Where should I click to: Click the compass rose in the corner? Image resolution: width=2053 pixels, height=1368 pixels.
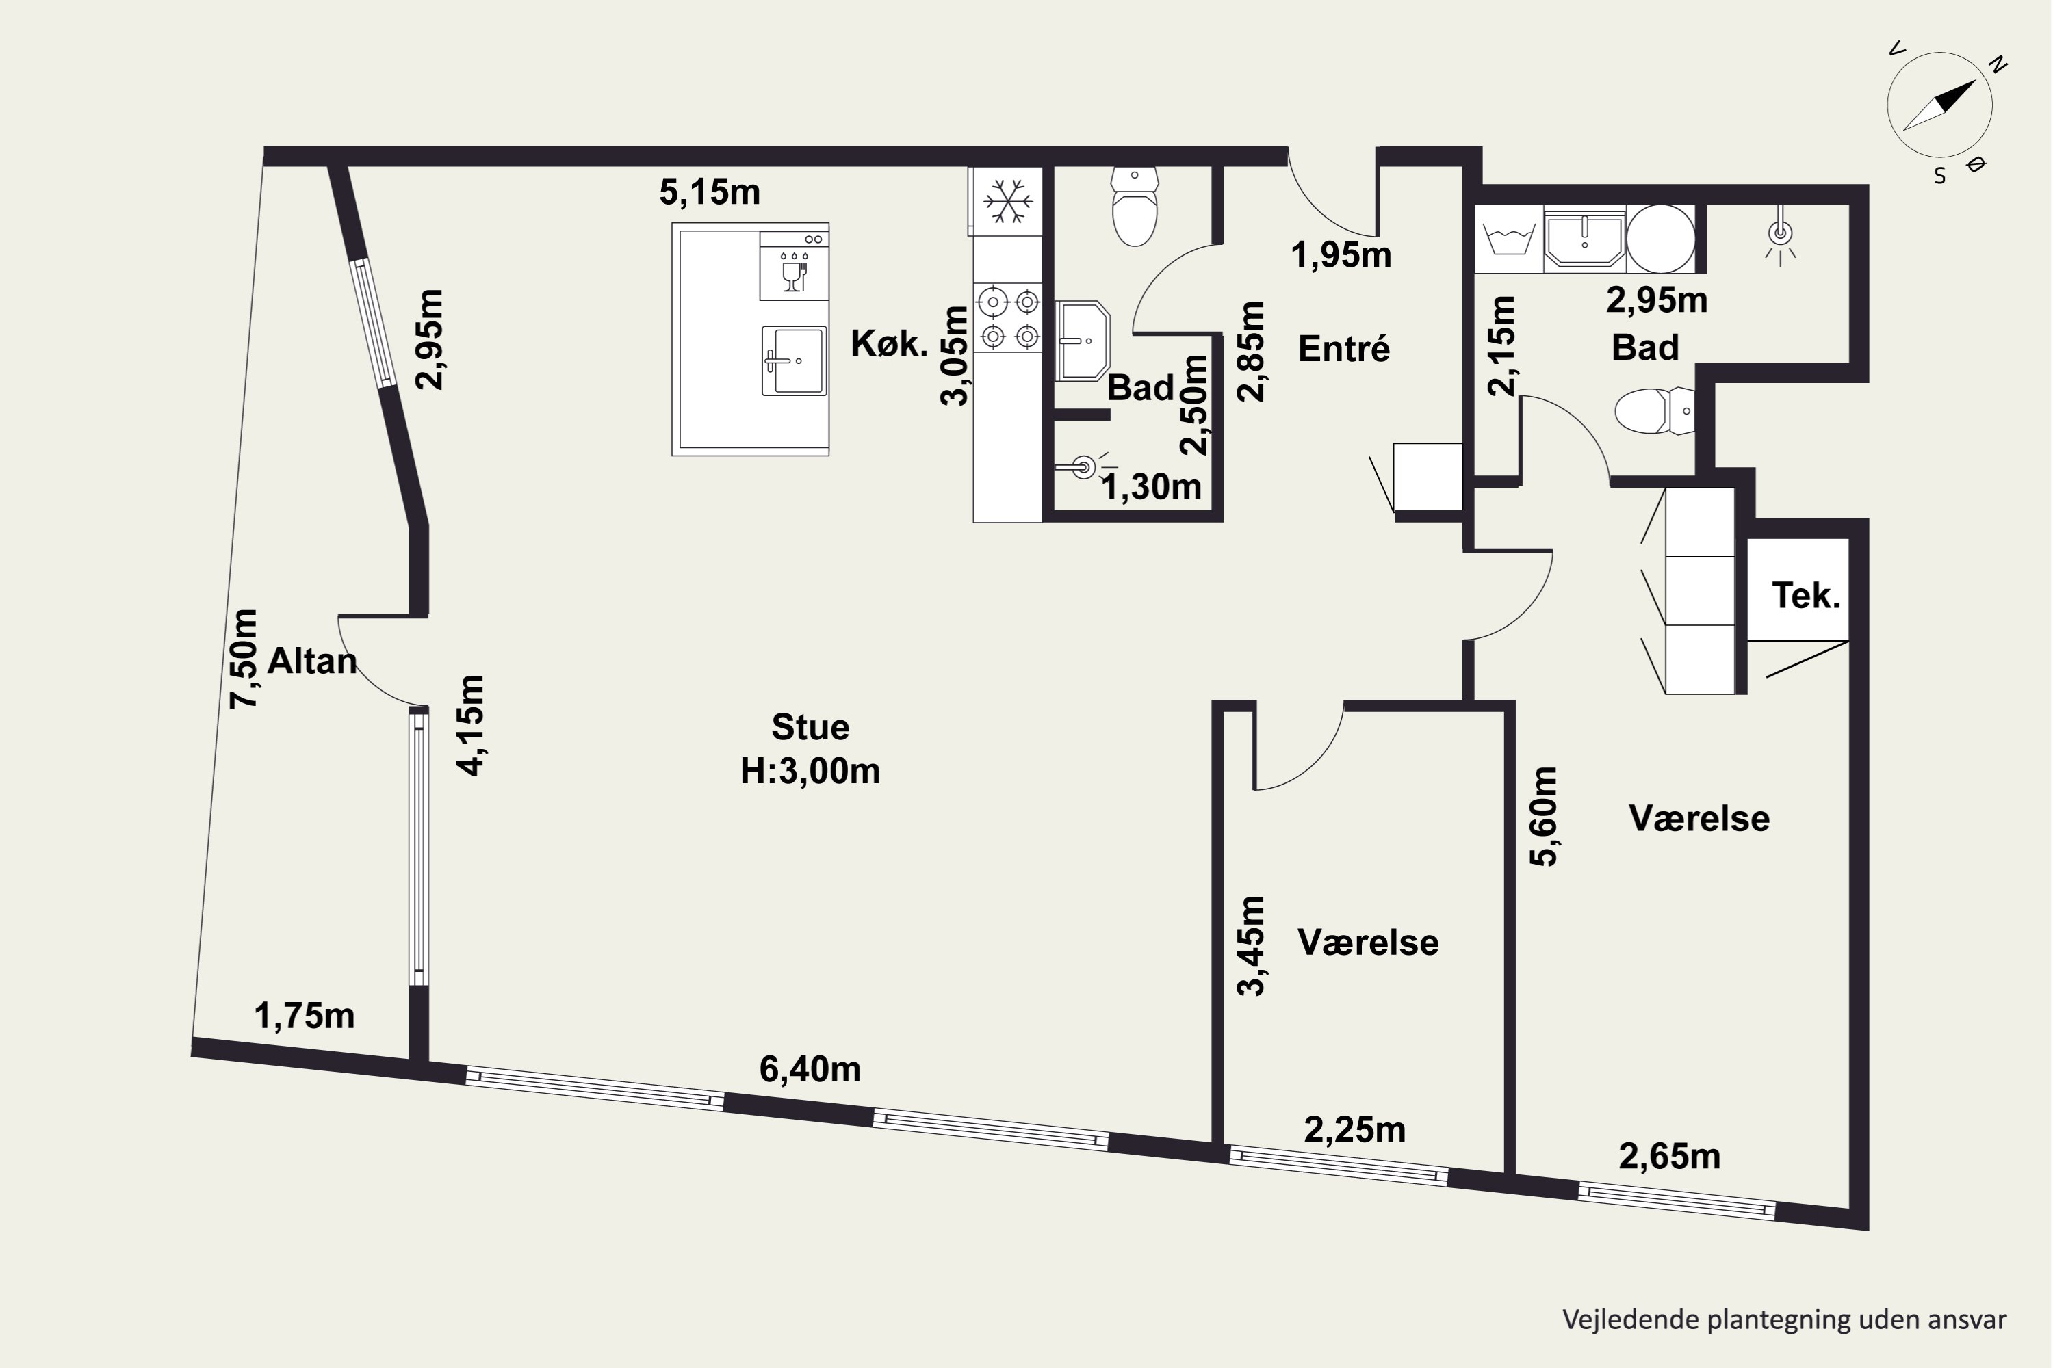(x=1939, y=105)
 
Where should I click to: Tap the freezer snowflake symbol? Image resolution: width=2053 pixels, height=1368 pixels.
(x=1008, y=202)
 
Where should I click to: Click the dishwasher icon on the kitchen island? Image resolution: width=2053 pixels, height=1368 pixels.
(x=793, y=266)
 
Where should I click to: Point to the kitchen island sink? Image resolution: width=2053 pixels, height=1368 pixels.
(x=793, y=360)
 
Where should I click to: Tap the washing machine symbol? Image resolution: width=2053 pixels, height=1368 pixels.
(x=1509, y=238)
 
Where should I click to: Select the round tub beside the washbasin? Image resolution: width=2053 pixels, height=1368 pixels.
(x=1661, y=238)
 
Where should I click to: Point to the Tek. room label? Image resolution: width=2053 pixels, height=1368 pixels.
(x=1806, y=596)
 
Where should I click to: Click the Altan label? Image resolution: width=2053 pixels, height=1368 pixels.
(x=311, y=661)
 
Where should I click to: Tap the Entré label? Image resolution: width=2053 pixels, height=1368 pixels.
(x=1343, y=349)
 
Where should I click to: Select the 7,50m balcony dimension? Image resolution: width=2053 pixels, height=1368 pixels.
(x=244, y=659)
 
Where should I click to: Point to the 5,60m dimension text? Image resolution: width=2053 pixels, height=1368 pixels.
(x=1543, y=817)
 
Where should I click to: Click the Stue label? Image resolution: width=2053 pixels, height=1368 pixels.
(x=810, y=726)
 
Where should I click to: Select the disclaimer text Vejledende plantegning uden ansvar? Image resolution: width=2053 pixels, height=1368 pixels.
(x=1784, y=1319)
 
